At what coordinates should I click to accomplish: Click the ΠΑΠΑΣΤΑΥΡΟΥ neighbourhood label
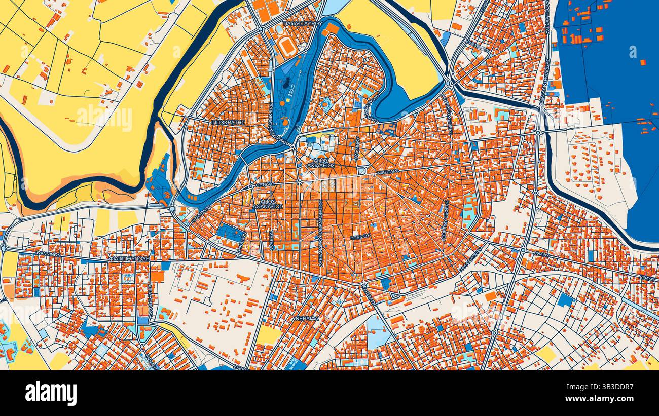(x=303, y=24)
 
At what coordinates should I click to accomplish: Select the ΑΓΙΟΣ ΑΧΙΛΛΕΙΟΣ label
(x=321, y=162)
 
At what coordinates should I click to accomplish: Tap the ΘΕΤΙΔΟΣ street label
(x=265, y=185)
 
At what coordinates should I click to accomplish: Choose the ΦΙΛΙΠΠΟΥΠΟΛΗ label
(x=129, y=258)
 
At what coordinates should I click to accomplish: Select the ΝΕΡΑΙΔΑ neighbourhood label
(x=307, y=318)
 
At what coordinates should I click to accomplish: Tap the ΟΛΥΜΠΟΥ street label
(x=357, y=147)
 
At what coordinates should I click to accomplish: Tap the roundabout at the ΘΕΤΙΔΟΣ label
(x=251, y=186)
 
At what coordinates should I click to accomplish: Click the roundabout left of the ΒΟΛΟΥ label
(x=523, y=250)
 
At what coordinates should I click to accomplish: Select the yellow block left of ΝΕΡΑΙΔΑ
(x=268, y=335)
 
